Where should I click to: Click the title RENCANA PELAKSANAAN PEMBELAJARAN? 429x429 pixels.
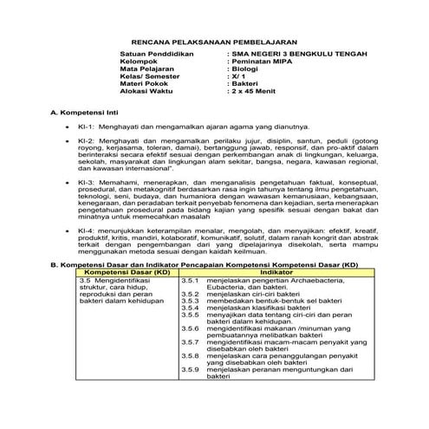pos(214,42)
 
